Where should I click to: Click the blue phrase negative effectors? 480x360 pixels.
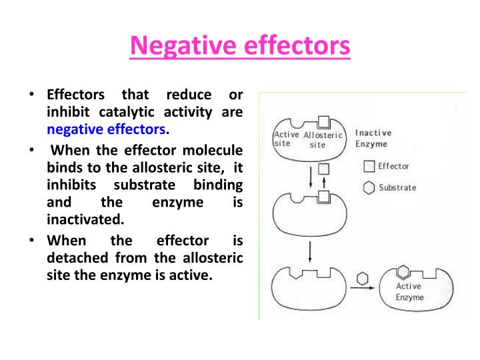(106, 129)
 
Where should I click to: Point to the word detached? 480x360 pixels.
(75, 257)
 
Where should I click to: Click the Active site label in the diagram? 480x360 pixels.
(287, 139)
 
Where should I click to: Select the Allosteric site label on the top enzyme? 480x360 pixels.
(322, 139)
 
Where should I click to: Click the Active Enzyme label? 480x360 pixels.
(409, 291)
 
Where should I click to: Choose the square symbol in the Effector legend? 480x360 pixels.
(369, 167)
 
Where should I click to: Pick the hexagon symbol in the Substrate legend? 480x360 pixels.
(369, 188)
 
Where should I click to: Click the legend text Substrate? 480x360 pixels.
(397, 188)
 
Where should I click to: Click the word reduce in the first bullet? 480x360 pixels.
(189, 94)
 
